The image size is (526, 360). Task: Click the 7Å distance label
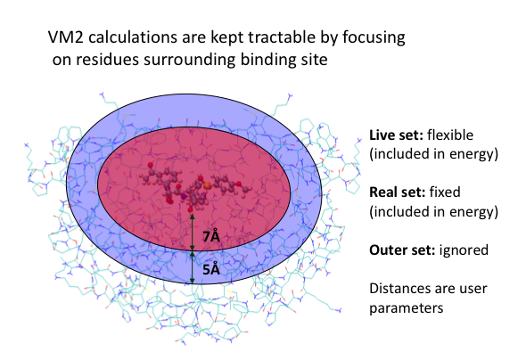[x=211, y=236]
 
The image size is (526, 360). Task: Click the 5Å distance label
[x=211, y=269]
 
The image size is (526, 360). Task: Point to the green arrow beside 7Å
[x=193, y=233]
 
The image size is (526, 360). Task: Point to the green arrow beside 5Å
[x=193, y=267]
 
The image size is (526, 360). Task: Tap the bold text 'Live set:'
[x=396, y=135]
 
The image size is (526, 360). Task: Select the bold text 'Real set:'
[x=398, y=192]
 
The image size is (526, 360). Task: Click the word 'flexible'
[x=450, y=135]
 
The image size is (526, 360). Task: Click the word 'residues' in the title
[x=107, y=60]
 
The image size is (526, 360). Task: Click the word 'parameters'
[x=407, y=308]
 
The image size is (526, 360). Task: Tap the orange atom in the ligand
[x=207, y=184]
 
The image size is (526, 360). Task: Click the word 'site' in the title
[x=308, y=60]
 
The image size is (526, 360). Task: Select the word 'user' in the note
[x=473, y=290]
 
